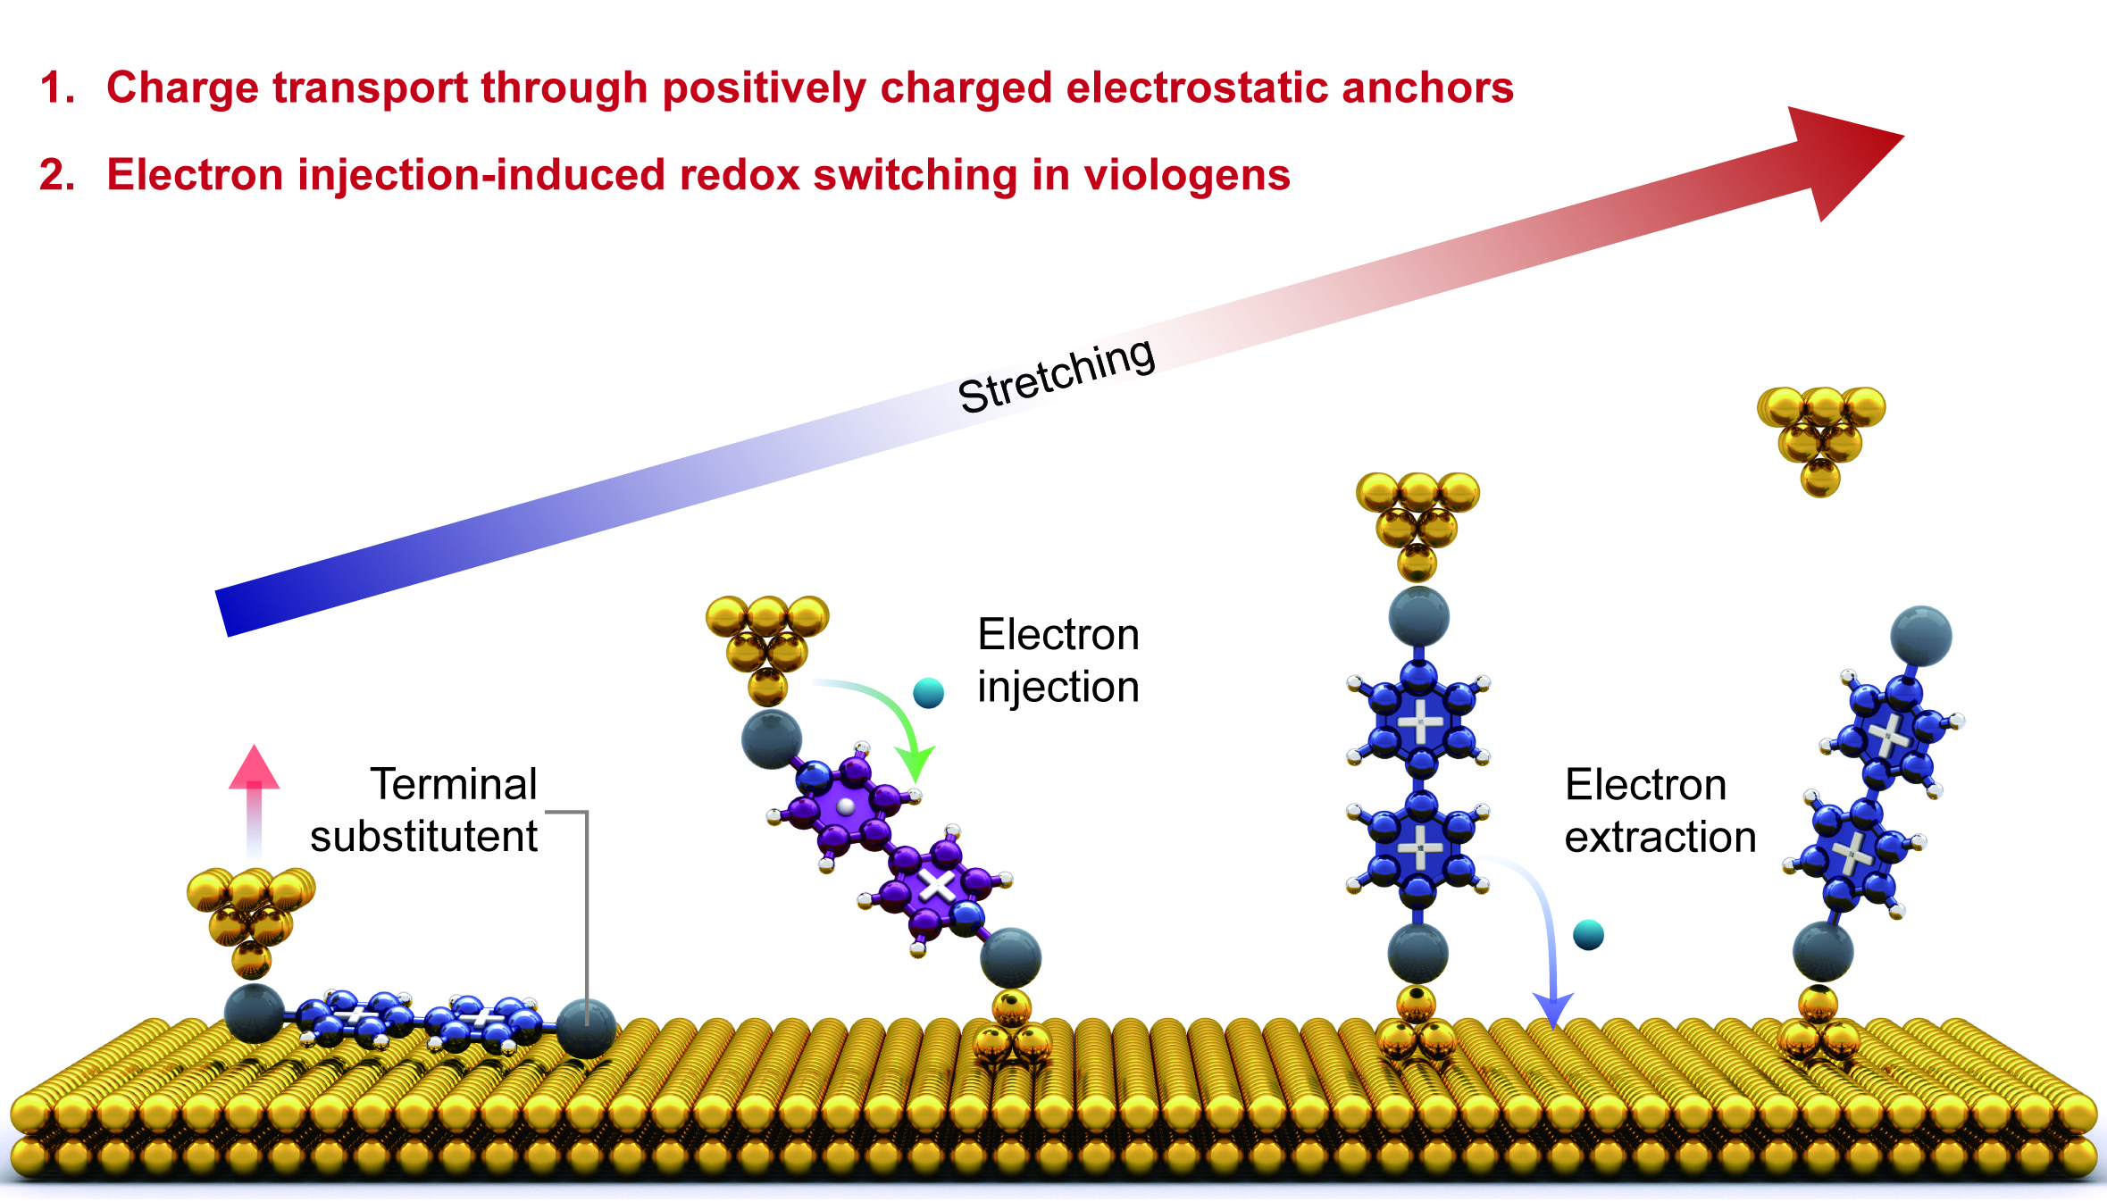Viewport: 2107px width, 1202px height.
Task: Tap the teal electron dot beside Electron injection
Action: coord(929,692)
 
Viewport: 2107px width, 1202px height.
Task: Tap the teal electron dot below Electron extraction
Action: coord(1588,935)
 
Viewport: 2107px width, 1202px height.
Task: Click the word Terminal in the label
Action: coord(454,785)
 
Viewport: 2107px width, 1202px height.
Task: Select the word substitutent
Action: coord(423,838)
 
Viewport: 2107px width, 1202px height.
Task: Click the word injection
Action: coord(1058,688)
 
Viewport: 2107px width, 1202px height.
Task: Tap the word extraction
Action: coord(1660,838)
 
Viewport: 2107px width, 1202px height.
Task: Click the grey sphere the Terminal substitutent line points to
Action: coord(586,1028)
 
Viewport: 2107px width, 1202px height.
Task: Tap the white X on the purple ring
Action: coord(937,886)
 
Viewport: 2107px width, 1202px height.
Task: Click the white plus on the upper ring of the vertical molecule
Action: coord(1419,722)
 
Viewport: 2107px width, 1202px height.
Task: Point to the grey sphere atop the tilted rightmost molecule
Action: coord(1921,636)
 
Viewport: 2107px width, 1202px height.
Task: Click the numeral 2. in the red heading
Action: coord(57,175)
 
